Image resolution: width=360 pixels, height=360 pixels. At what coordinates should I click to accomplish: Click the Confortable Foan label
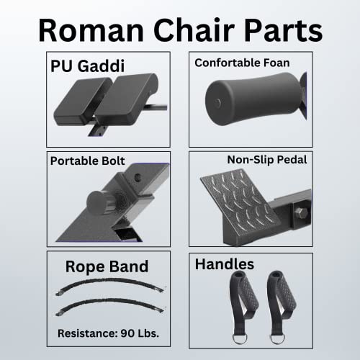tap(242, 63)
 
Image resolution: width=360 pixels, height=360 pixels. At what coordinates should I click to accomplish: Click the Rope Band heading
tap(107, 266)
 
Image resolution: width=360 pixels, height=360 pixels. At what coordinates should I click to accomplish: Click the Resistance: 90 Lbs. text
tap(108, 333)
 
